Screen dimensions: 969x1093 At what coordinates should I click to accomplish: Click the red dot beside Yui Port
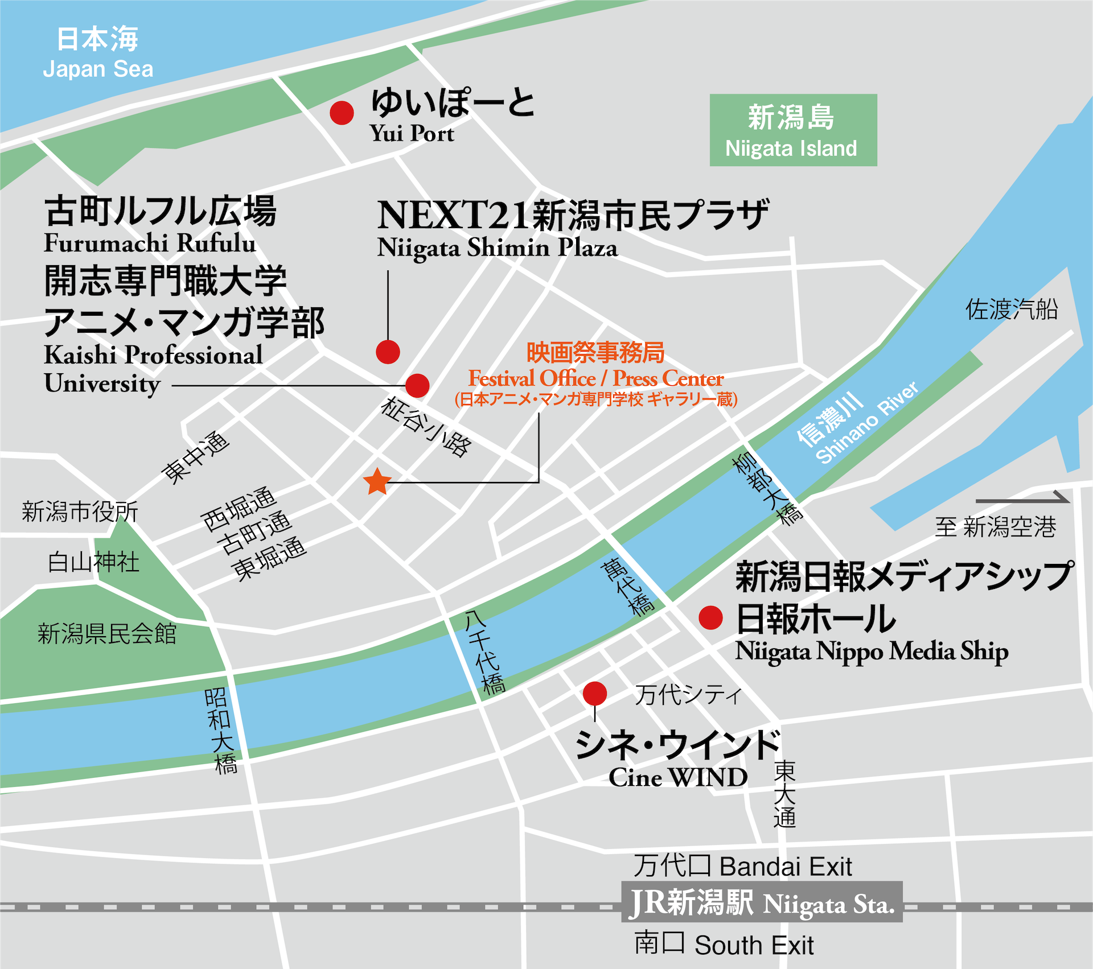[342, 113]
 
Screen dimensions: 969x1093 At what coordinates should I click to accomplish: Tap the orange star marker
[377, 482]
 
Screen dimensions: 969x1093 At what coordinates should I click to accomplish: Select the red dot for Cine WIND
[595, 694]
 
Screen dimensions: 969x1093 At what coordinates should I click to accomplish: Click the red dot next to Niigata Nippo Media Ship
[710, 617]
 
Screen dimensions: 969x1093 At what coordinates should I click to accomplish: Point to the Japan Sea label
[98, 69]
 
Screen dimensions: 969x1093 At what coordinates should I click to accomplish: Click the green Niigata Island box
[793, 130]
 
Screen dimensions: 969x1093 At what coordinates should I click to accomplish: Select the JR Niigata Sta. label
[762, 903]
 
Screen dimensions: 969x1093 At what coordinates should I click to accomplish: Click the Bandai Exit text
[786, 867]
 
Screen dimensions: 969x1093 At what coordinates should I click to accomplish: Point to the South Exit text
[754, 945]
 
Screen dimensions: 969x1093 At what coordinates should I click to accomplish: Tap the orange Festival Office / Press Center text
[595, 378]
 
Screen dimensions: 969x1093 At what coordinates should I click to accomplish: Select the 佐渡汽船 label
[1012, 310]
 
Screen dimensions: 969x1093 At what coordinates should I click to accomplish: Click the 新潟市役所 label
[80, 512]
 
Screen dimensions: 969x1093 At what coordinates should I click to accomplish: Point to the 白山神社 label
[93, 562]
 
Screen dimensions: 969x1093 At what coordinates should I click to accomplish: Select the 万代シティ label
[688, 695]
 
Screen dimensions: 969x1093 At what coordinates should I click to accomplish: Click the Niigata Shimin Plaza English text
[497, 248]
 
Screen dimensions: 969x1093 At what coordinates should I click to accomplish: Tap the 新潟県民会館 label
[107, 633]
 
